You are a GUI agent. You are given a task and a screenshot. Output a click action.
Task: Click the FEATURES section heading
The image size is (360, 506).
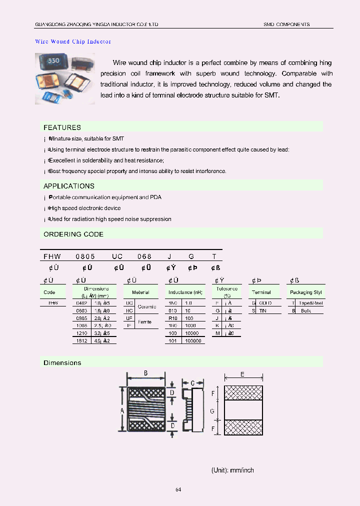[62, 127]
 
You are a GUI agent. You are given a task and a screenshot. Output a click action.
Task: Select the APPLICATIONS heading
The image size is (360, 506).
[69, 186]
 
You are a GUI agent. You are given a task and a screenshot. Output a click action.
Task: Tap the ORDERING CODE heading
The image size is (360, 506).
[73, 234]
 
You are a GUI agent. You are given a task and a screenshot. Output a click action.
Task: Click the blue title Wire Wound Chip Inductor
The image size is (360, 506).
[73, 41]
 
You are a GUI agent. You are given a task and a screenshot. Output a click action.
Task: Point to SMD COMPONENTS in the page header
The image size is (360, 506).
[286, 24]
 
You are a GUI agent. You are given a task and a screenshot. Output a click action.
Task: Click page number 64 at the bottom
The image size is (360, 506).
[178, 489]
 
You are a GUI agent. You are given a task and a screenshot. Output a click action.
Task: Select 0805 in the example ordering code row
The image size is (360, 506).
[84, 256]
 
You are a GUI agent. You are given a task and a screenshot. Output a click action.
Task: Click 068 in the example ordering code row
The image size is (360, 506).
[144, 256]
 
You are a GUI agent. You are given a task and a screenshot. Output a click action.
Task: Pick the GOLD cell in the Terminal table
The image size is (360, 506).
[265, 303]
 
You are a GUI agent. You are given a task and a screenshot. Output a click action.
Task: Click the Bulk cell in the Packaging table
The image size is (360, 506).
[306, 310]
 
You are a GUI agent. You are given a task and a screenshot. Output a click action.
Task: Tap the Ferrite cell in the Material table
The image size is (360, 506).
[144, 322]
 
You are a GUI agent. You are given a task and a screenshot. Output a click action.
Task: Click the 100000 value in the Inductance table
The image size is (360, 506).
[192, 340]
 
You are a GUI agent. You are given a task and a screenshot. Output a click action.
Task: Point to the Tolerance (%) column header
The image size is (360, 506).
[226, 292]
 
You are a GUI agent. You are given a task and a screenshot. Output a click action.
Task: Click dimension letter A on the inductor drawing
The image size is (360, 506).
[122, 410]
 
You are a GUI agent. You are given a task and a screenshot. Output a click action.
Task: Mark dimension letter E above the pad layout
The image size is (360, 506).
[242, 374]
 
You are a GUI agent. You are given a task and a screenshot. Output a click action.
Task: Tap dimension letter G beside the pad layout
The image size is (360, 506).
[212, 410]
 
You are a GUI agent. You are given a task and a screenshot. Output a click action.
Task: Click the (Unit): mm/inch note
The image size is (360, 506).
[232, 470]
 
